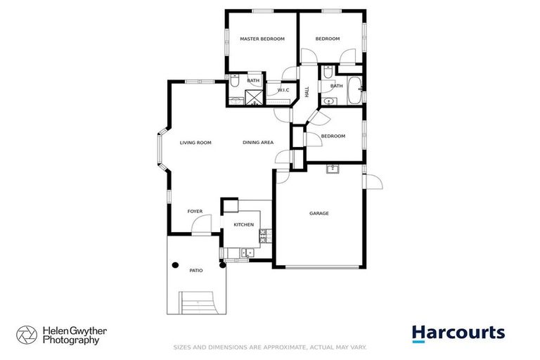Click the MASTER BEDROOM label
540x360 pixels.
262,39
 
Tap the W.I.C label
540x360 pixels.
284,90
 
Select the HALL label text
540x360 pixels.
307,91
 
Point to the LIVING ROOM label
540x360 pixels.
195,143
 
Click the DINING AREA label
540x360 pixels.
258,143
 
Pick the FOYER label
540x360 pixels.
195,211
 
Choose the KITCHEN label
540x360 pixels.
243,224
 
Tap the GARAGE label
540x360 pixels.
319,213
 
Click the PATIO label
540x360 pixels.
196,270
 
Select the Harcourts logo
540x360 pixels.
458,333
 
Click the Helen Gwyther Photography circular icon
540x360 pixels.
27,334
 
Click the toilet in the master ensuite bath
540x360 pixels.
236,82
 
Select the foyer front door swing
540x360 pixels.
201,225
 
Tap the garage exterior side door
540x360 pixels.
373,179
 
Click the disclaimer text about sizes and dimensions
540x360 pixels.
270,347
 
